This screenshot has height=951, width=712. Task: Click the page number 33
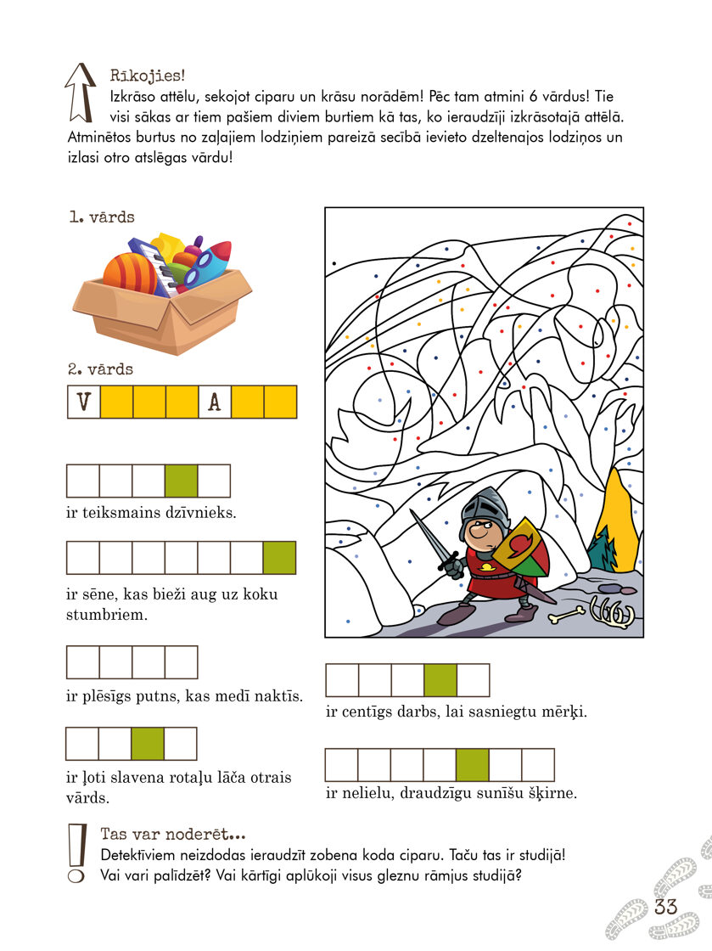pyautogui.click(x=666, y=906)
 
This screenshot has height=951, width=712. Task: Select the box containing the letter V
pyautogui.click(x=83, y=402)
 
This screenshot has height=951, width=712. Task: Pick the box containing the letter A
pyautogui.click(x=215, y=402)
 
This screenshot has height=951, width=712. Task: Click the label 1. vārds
pyautogui.click(x=101, y=218)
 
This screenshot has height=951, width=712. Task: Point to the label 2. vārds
pyautogui.click(x=101, y=369)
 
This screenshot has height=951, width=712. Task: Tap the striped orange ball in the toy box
pyautogui.click(x=129, y=274)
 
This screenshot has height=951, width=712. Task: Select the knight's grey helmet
pyautogui.click(x=486, y=508)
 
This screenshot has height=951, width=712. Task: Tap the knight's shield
pyautogui.click(x=519, y=549)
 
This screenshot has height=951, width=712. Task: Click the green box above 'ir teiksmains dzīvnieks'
pyautogui.click(x=181, y=481)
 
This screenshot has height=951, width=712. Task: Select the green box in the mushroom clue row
pyautogui.click(x=279, y=558)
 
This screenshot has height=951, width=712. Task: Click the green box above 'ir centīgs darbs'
pyautogui.click(x=440, y=680)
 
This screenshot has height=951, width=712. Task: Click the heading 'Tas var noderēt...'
pyautogui.click(x=172, y=834)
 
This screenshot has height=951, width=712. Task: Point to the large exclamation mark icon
pyautogui.click(x=77, y=852)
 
